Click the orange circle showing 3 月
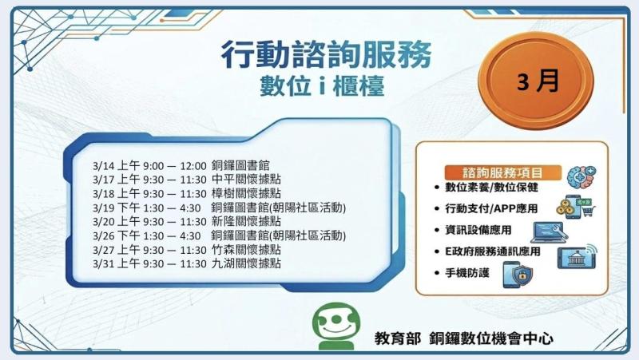pos(537,83)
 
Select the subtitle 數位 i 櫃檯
pos(327,85)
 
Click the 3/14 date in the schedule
pos(105,165)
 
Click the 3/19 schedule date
pos(105,207)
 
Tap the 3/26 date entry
pos(105,235)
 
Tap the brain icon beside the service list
pos(580,177)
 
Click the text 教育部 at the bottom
pos(396,338)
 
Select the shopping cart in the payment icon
pos(589,211)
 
